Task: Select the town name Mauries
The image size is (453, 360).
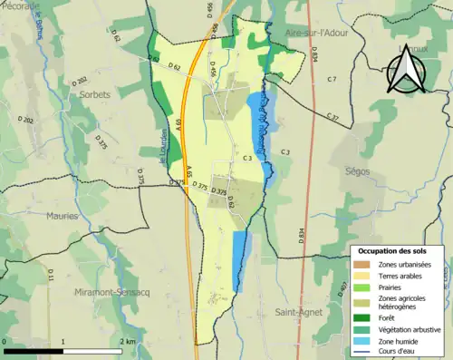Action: pyautogui.click(x=62, y=216)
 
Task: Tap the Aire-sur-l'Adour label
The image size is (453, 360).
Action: pyautogui.click(x=316, y=33)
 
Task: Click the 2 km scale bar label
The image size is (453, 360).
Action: pyautogui.click(x=129, y=342)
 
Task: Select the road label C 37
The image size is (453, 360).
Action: pyautogui.click(x=333, y=118)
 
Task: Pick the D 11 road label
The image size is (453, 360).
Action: pyautogui.click(x=52, y=275)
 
